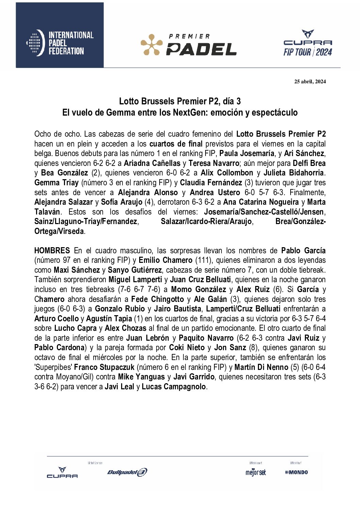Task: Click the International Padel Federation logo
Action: point(60,43)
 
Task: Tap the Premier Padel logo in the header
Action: point(189,45)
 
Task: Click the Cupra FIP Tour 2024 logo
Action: point(308,43)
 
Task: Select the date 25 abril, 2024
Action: point(310,81)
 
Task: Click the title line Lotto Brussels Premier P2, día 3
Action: point(180,101)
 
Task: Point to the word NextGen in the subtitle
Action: point(191,113)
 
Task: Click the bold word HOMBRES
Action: point(52,251)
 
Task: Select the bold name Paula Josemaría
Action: point(247,154)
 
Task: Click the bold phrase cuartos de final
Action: point(176,144)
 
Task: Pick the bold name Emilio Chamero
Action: point(165,260)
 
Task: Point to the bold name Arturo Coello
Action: point(56,319)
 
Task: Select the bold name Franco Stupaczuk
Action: point(104,367)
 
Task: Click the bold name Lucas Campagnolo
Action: point(174,387)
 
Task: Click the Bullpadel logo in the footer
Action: point(127,472)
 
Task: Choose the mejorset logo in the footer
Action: point(256,472)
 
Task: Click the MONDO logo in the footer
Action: point(296,472)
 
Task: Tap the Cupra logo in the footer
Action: point(62,473)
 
